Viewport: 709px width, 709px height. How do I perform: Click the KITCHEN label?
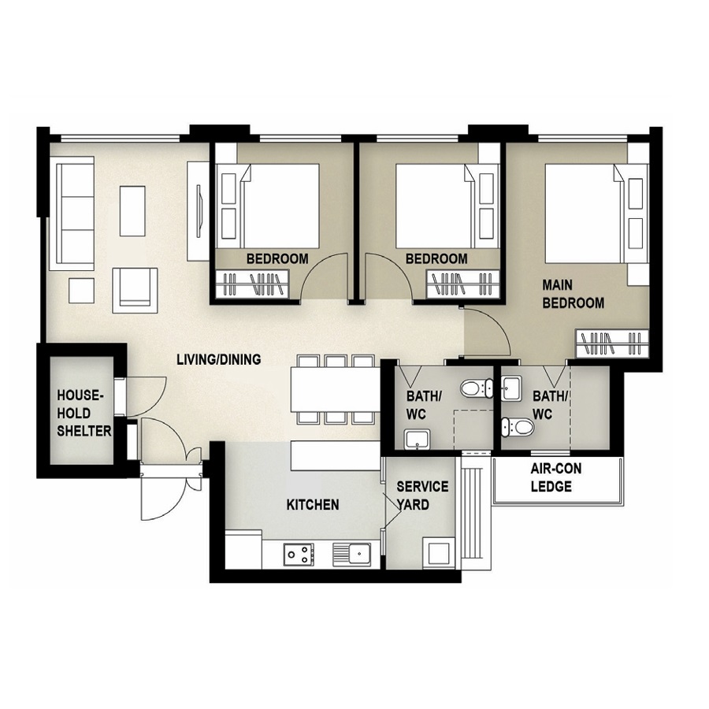click(313, 505)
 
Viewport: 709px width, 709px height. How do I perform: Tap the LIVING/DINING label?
click(219, 359)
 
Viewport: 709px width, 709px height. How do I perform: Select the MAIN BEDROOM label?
click(573, 294)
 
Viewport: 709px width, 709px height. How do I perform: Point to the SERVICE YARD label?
click(422, 496)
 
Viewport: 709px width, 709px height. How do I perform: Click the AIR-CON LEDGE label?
click(555, 477)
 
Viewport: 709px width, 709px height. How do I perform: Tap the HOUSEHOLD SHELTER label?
click(84, 414)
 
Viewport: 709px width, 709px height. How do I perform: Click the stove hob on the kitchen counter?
click(299, 555)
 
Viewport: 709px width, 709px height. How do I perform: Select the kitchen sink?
click(352, 555)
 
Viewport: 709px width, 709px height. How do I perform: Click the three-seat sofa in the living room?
click(72, 213)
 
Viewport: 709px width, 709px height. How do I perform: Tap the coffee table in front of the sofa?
click(132, 210)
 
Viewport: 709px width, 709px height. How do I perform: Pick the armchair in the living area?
click(135, 290)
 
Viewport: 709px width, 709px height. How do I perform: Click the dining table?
click(335, 389)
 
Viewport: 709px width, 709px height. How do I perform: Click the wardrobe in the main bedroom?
click(612, 343)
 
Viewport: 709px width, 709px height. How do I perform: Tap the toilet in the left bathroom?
click(477, 388)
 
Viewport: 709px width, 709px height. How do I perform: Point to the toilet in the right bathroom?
click(518, 427)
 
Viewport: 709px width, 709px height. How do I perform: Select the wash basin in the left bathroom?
click(417, 439)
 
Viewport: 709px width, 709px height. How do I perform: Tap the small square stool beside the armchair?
click(81, 291)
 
